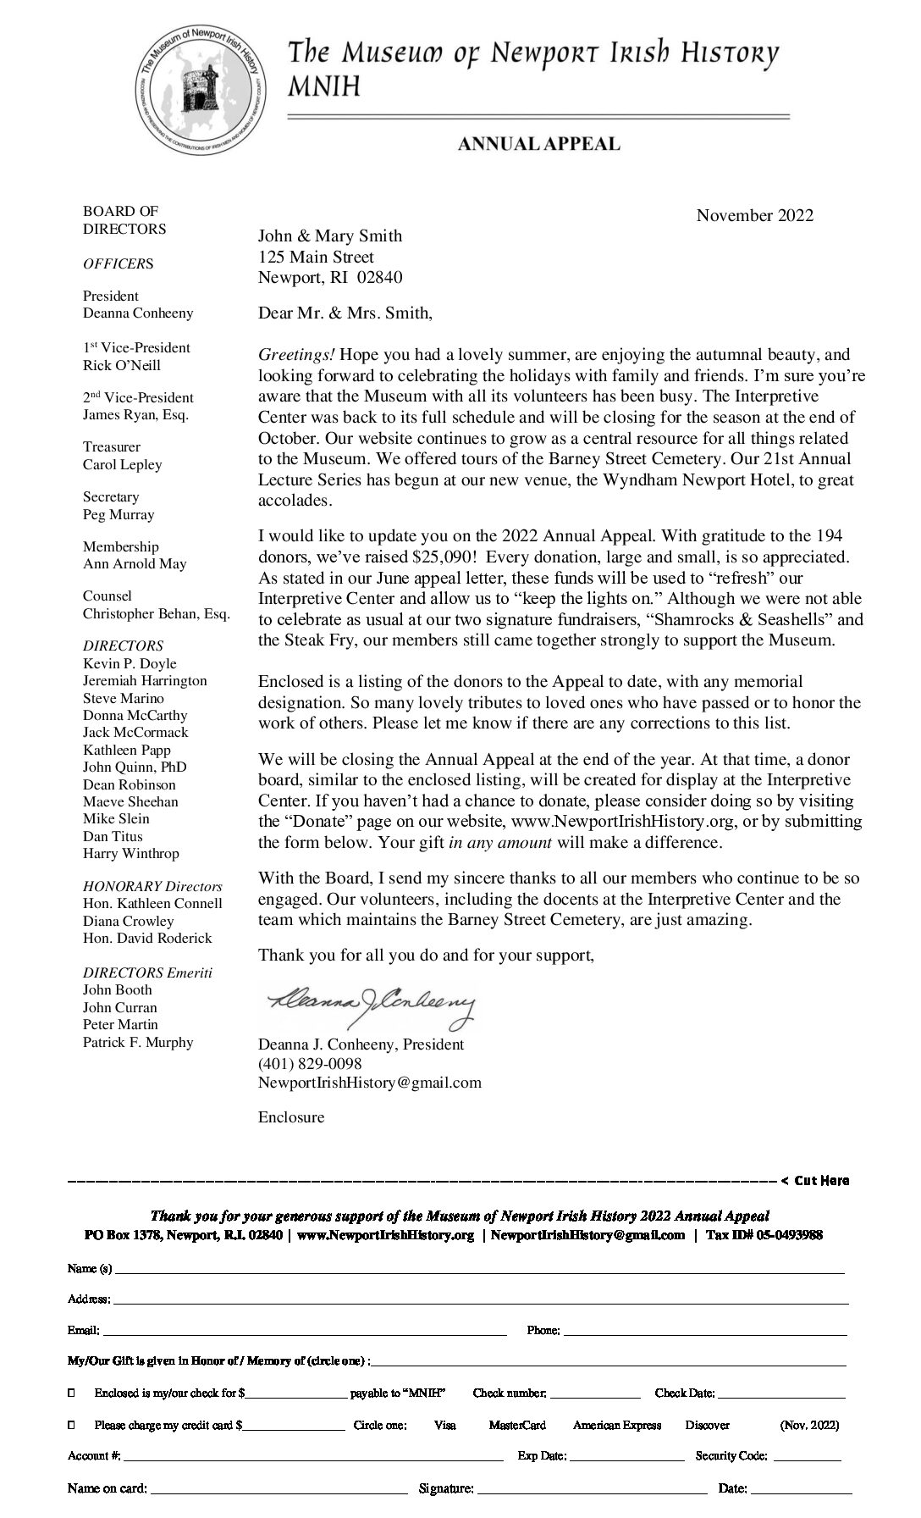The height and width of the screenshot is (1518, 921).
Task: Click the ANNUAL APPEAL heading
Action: click(x=538, y=145)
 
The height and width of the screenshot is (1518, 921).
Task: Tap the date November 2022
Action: click(x=754, y=215)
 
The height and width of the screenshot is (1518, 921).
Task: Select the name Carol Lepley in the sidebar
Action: click(x=122, y=464)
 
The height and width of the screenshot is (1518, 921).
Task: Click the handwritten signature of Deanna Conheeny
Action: click(x=371, y=1005)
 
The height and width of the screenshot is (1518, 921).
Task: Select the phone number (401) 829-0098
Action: click(x=310, y=1063)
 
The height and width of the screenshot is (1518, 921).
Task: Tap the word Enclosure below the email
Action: click(x=291, y=1116)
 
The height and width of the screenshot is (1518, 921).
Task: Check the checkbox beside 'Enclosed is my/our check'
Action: click(x=71, y=1393)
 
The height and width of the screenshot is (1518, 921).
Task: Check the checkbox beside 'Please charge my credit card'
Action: click(x=71, y=1425)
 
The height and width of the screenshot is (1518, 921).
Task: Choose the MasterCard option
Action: click(x=516, y=1425)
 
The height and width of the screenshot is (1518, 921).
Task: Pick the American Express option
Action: click(x=616, y=1425)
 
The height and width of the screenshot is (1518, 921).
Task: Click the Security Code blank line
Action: click(x=807, y=1457)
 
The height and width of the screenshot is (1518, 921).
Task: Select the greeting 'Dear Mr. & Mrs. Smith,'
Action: click(x=345, y=313)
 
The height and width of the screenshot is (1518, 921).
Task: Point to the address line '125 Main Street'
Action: click(x=316, y=257)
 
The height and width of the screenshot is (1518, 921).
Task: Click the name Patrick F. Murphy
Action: click(x=138, y=1042)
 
